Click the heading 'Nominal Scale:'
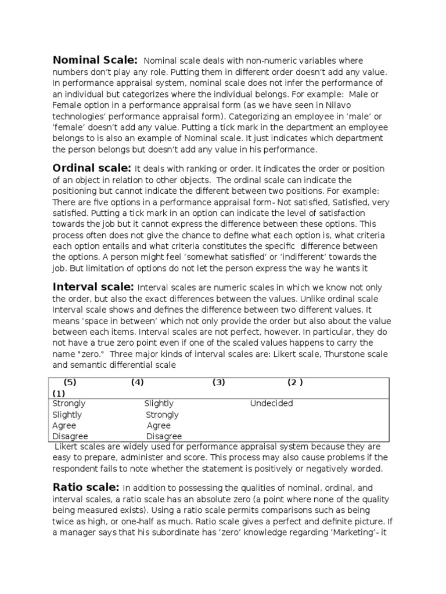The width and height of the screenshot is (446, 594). click(x=95, y=60)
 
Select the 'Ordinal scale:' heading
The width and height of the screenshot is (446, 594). click(x=92, y=168)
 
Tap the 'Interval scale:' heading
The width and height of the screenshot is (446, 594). click(x=93, y=287)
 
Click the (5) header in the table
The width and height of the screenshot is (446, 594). click(x=70, y=382)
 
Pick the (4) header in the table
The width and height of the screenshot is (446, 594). click(x=137, y=382)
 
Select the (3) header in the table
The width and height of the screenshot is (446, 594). click(x=218, y=382)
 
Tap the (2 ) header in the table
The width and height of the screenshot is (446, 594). click(x=295, y=382)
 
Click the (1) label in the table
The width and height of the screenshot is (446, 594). click(x=59, y=393)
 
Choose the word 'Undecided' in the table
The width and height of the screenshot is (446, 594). click(x=271, y=404)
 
